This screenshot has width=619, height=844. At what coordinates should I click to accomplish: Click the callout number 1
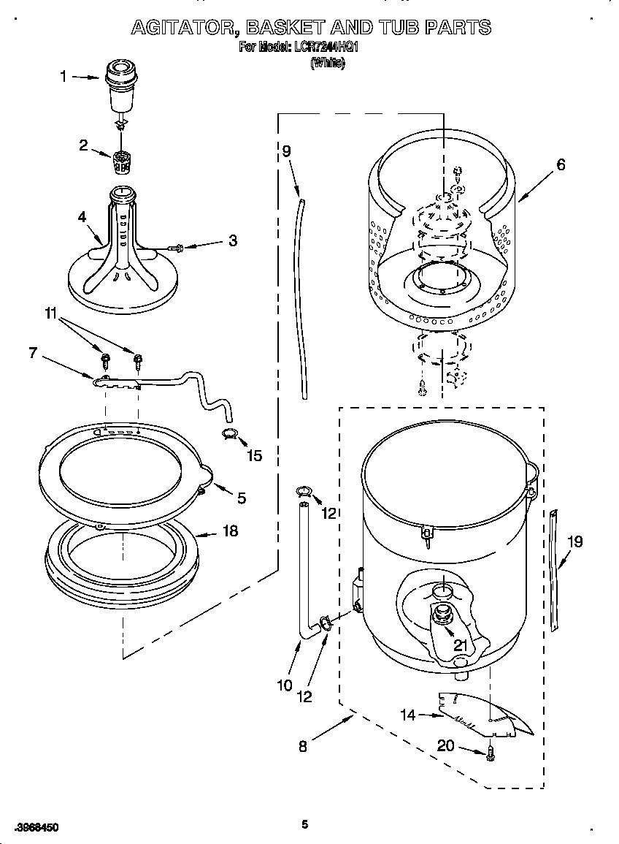[x=63, y=76]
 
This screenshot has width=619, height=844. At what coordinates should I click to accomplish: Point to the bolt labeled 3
[x=174, y=248]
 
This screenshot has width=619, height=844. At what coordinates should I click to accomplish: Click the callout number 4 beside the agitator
[x=82, y=216]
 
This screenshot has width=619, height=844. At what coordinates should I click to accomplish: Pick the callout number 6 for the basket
[x=561, y=164]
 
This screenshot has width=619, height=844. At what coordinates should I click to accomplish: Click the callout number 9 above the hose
[x=286, y=151]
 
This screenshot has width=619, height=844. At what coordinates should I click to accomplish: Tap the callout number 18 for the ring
[x=230, y=531]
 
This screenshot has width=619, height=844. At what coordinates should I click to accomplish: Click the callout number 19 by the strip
[x=575, y=541]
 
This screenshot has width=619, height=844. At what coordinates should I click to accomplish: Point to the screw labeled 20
[x=491, y=751]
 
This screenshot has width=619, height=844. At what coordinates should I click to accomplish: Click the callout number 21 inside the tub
[x=460, y=645]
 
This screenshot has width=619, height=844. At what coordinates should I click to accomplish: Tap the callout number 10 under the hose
[x=284, y=685]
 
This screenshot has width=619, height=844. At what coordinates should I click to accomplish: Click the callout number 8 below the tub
[x=302, y=746]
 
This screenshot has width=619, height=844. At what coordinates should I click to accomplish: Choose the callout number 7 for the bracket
[x=32, y=353]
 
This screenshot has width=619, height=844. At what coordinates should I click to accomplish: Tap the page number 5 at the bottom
[x=304, y=825]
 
